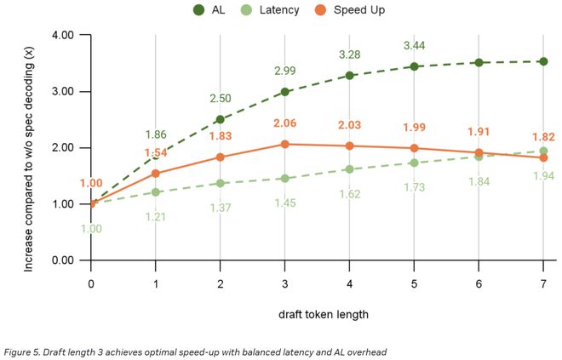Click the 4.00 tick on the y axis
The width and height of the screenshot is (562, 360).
(x=63, y=35)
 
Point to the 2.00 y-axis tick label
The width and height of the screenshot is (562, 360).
(x=63, y=147)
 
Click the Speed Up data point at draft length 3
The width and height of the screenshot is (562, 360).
(x=284, y=145)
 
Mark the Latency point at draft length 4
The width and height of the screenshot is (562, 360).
(x=348, y=169)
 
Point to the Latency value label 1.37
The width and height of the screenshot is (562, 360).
(x=220, y=209)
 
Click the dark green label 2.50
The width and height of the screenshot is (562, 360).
(x=220, y=99)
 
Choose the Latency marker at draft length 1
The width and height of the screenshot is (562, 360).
(x=155, y=192)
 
